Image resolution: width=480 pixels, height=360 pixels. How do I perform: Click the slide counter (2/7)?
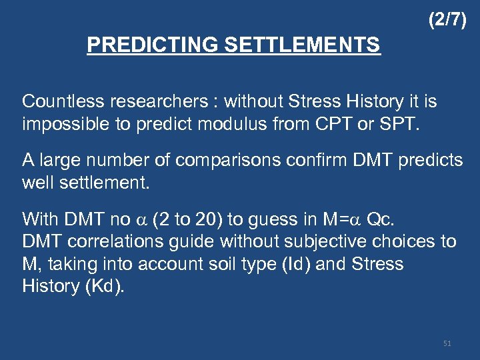[447, 21]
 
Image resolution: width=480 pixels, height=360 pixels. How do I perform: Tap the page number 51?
[447, 343]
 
